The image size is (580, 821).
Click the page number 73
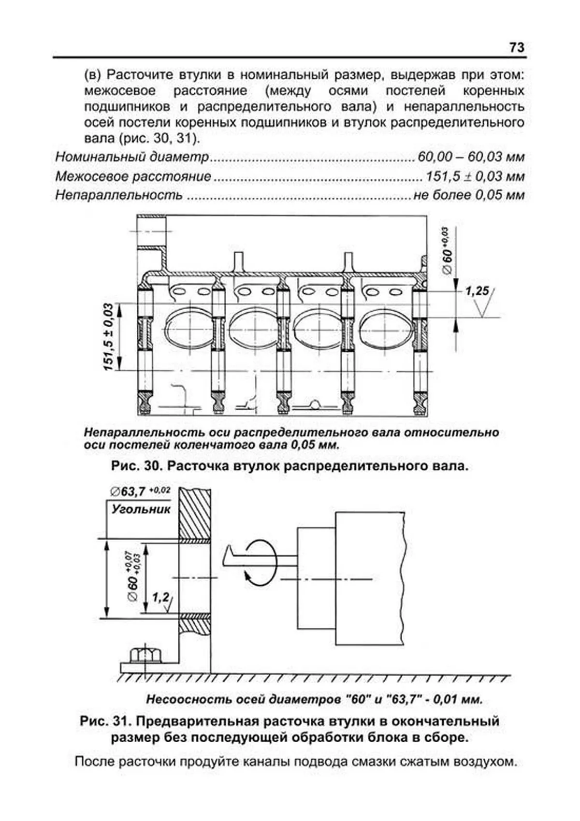[x=516, y=47]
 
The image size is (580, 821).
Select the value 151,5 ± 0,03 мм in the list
[x=475, y=176]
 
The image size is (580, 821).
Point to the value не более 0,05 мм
[x=469, y=195]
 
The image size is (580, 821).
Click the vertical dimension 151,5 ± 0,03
[x=109, y=337]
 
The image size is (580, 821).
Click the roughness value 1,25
[x=477, y=291]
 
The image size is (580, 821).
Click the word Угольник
[x=141, y=509]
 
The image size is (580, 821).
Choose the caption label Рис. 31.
[x=105, y=721]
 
